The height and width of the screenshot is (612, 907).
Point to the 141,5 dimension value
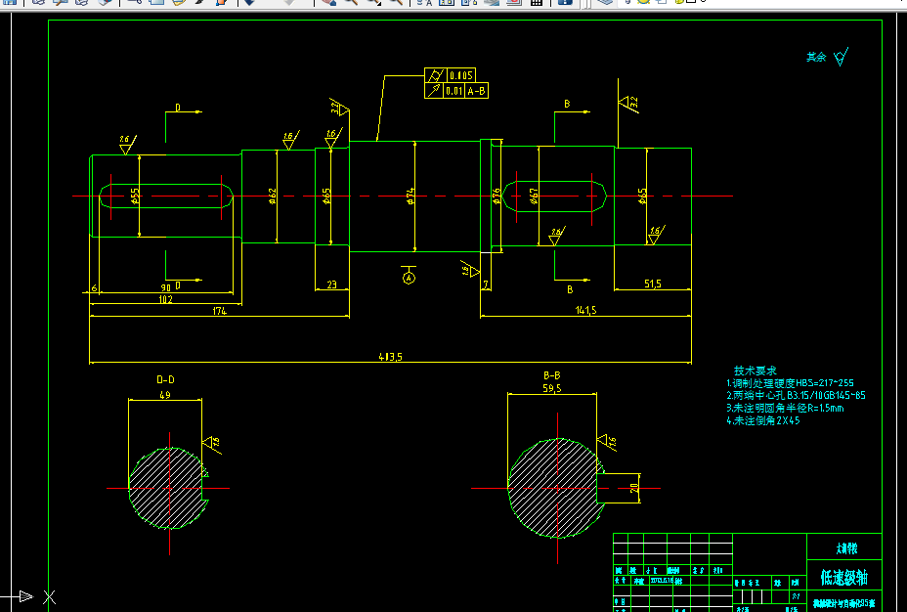pos(586,311)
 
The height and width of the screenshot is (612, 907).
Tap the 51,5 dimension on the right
pos(653,284)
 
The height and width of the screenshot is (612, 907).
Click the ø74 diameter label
pos(411,196)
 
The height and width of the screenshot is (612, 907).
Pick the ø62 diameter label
pos(274,197)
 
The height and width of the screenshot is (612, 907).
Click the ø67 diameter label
pos(535,197)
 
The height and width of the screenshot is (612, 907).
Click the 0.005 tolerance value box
pos(461,75)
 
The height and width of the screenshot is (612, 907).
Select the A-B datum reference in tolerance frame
pos(477,91)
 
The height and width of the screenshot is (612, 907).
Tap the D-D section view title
pos(166,379)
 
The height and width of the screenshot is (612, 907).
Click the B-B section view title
pos(552,375)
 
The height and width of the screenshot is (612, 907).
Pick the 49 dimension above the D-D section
pos(164,395)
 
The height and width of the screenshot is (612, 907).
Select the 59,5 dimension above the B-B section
pos(552,389)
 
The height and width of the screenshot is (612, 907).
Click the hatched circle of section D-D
pos(168,488)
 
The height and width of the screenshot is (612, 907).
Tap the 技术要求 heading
pos(756,372)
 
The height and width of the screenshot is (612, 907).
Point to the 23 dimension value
pos(331,284)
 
